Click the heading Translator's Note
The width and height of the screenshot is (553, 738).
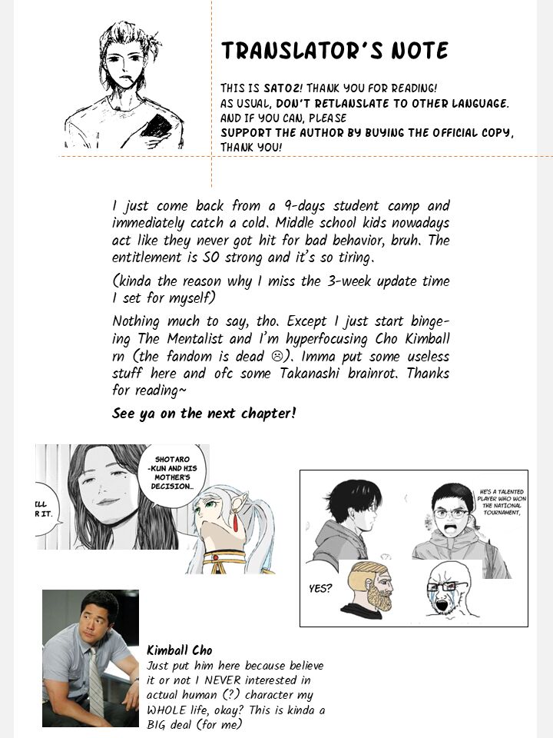(x=334, y=51)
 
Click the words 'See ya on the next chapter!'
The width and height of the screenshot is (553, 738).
(x=204, y=414)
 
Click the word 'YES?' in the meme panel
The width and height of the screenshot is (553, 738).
(x=321, y=589)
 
